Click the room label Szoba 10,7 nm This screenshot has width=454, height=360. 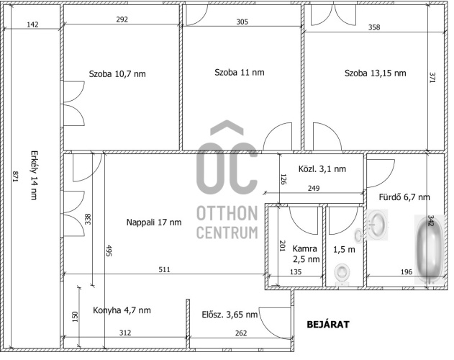pos(117,74)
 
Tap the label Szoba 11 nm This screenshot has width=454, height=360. pos(240,73)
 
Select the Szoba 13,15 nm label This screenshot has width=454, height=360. pos(376,73)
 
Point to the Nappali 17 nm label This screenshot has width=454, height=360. pos(154,222)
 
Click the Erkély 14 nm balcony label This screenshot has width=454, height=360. pos(34,175)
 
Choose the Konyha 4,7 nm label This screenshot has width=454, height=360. pos(122,310)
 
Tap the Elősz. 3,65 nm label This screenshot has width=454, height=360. pos(230,315)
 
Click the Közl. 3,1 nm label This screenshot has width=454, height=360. pos(322,169)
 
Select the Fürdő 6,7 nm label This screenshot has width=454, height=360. pos(404,197)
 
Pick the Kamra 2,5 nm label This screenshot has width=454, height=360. pos(306,254)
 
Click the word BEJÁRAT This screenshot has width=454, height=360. pos(328,324)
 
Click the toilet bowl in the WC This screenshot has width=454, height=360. pos(342,274)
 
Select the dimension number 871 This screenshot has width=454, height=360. pos(16,177)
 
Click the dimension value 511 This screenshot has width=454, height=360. pos(164,270)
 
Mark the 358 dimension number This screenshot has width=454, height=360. pos(374,27)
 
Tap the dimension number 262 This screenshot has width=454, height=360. pos(241,333)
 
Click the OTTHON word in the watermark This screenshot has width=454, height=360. pos(227,213)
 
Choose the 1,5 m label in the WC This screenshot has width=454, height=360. pos(344,250)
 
